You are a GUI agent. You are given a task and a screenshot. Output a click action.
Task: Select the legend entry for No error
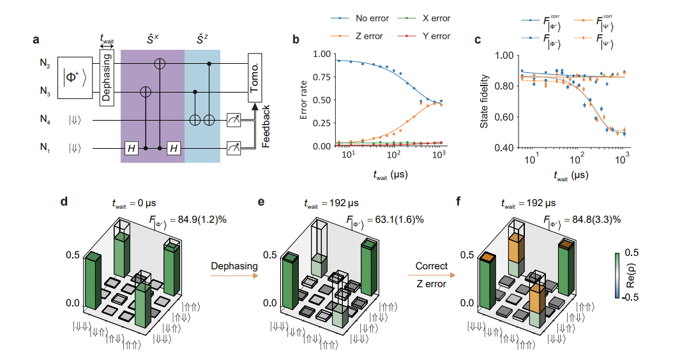click(x=351, y=19)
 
